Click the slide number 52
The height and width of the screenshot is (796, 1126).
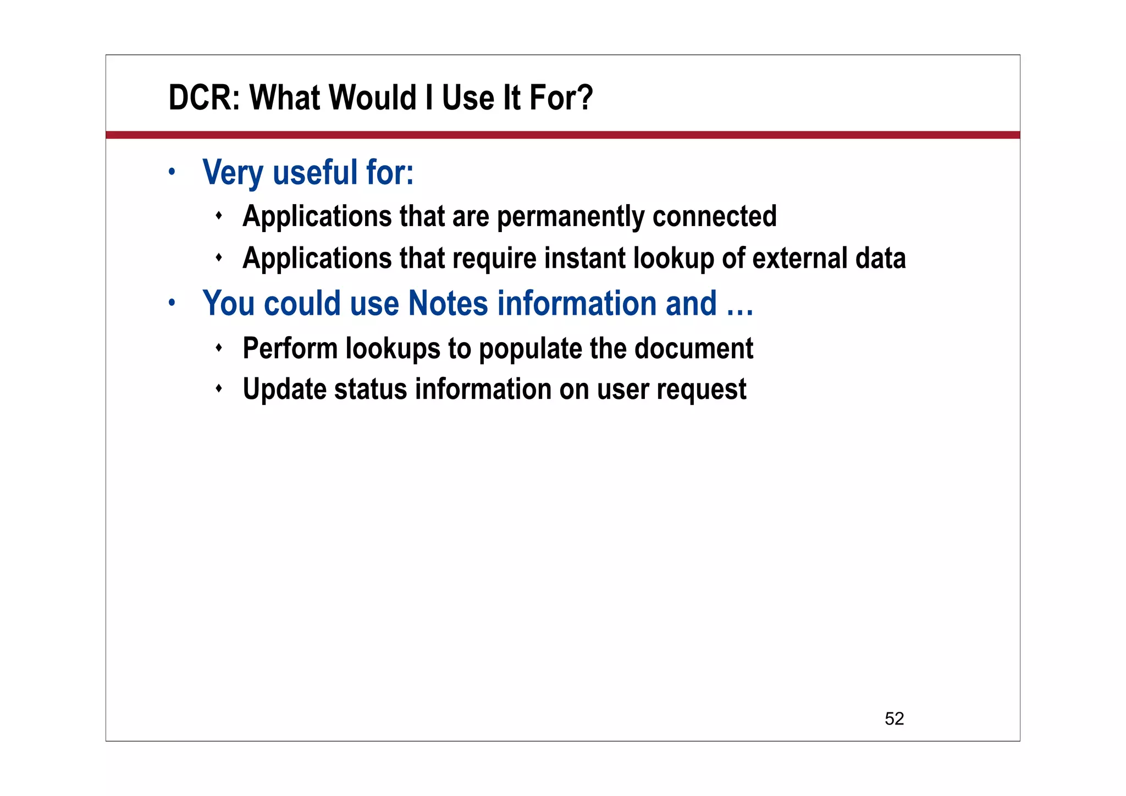point(894,718)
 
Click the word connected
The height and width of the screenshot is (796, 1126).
point(714,216)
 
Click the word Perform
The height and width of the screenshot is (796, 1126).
point(290,348)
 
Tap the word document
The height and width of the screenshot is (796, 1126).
point(694,348)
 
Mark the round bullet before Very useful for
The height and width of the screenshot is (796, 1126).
point(172,172)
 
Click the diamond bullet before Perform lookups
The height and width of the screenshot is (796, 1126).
point(219,348)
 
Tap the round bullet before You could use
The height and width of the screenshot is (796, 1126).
point(172,303)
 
